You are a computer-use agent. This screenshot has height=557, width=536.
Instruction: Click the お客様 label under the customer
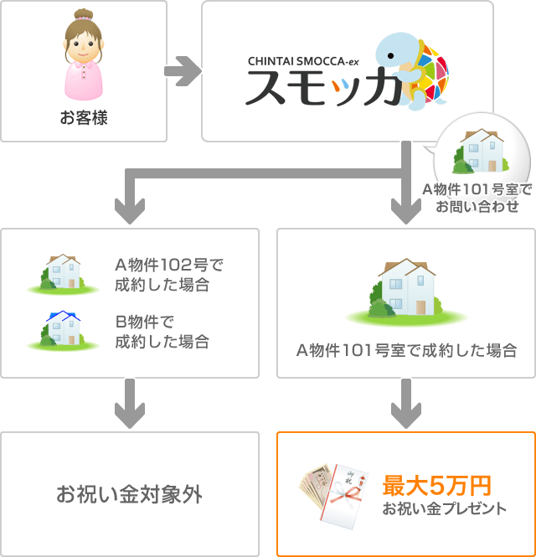(84, 117)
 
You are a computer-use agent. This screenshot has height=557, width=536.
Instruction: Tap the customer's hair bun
(84, 15)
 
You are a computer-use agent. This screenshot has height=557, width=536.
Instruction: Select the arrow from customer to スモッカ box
(183, 71)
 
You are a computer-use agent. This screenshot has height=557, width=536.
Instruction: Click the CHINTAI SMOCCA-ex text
(303, 61)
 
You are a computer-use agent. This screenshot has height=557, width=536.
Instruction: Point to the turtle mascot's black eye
(390, 56)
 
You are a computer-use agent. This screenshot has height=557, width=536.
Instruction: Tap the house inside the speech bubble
(481, 151)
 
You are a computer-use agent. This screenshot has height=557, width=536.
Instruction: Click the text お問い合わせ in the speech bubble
(477, 206)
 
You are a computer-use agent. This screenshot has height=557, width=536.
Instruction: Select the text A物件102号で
(169, 265)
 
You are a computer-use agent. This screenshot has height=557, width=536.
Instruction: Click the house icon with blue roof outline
(63, 328)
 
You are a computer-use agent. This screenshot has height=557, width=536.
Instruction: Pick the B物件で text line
(144, 322)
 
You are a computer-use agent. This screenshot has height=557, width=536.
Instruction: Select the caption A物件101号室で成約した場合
(406, 351)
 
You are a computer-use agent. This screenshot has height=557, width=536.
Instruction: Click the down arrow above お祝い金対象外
(130, 404)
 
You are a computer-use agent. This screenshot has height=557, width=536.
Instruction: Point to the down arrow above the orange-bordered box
(406, 404)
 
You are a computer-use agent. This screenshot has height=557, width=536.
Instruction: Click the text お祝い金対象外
(129, 494)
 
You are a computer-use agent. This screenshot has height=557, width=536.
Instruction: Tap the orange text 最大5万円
(436, 486)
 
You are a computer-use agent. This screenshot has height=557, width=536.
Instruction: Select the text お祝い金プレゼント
(445, 508)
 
